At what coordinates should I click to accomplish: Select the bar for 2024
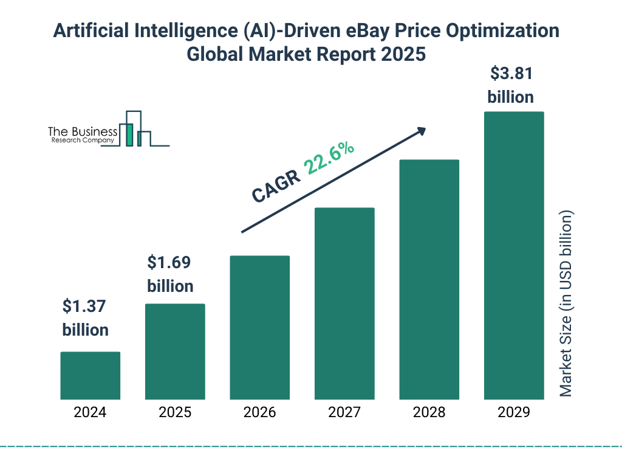(90, 375)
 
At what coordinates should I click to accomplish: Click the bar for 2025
(175, 351)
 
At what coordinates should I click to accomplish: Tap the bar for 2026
(259, 327)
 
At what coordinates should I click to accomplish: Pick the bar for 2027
(344, 303)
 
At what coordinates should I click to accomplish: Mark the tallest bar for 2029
(514, 255)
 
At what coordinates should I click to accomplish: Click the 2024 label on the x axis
(90, 412)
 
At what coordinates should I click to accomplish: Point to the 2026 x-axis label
(259, 412)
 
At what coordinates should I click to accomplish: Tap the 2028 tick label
(429, 412)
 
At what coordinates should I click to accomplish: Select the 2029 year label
(514, 412)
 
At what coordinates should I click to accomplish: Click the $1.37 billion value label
(86, 318)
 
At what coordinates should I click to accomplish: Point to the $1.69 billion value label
(170, 274)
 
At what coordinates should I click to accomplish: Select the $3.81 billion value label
(511, 85)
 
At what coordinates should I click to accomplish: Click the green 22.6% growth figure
(329, 158)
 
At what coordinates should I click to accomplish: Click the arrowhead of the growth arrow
(421, 131)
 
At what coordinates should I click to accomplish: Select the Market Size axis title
(566, 304)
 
